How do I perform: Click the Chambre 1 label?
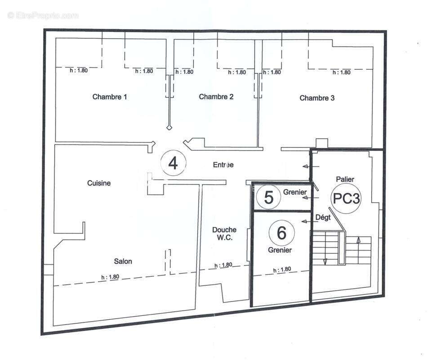[110, 97]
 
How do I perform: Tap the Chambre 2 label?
[216, 97]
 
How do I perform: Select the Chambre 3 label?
[317, 98]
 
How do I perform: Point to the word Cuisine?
[99, 183]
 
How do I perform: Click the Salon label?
[123, 261]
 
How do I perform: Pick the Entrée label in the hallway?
[223, 165]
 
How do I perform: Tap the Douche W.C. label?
[224, 234]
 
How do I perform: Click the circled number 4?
[173, 164]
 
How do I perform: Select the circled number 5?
[268, 198]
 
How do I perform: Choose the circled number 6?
[281, 233]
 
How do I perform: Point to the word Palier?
[345, 179]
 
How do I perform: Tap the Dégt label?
[323, 217]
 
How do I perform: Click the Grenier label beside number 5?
[295, 192]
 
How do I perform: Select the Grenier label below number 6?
[280, 250]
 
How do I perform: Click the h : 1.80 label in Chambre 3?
[341, 72]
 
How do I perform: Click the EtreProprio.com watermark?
[43, 16]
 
